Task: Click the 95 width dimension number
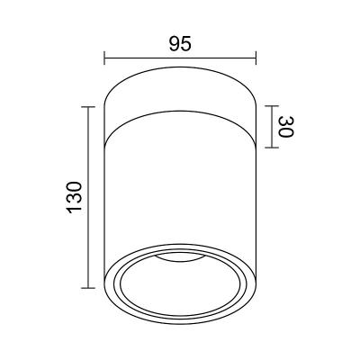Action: (x=180, y=44)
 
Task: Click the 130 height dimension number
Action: (x=74, y=197)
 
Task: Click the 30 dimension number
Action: (x=285, y=127)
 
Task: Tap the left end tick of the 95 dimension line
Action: (x=104, y=58)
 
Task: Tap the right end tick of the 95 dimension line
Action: (x=256, y=58)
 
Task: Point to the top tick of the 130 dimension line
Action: (x=88, y=107)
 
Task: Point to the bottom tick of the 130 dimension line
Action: (x=88, y=288)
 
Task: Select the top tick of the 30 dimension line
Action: (x=272, y=106)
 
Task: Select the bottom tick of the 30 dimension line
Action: (x=272, y=148)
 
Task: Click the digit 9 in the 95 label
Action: (x=175, y=44)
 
